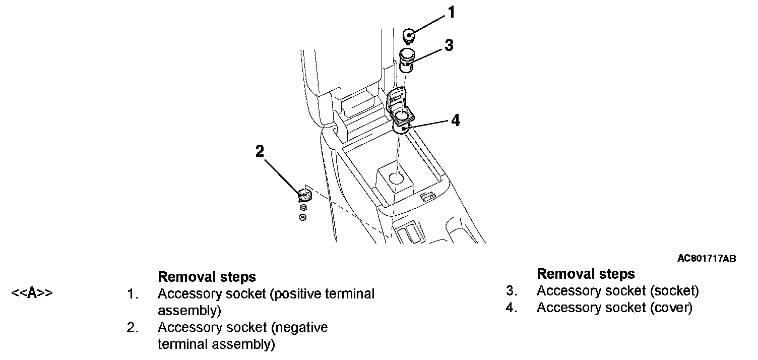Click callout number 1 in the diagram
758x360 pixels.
pos(452,13)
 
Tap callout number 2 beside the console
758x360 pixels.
pos(260,151)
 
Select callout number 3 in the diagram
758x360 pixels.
pos(449,45)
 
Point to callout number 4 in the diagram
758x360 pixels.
pos(455,121)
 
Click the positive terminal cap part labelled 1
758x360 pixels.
pos(409,36)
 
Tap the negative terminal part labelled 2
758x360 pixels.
pos(304,194)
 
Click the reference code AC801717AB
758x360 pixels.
pos(707,259)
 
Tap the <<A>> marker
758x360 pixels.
pos(32,293)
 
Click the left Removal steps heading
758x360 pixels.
pos(207,277)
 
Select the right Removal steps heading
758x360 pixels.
pos(586,274)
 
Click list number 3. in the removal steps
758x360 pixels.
pos(512,291)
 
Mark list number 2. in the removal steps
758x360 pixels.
pos(133,328)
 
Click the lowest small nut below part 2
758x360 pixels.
pos(302,217)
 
